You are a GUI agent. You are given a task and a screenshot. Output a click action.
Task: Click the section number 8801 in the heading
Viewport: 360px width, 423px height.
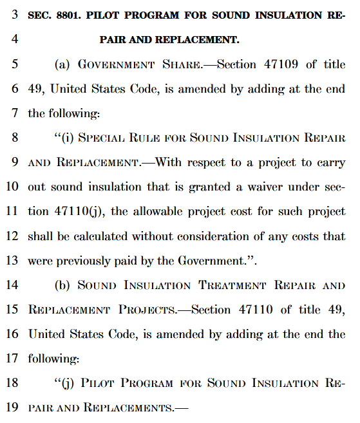click(70, 14)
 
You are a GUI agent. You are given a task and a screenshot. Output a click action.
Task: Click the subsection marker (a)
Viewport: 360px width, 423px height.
click(63, 64)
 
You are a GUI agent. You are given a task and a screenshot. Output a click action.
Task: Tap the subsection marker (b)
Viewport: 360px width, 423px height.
click(63, 285)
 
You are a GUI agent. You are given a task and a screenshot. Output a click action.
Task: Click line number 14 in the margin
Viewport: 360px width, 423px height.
click(13, 285)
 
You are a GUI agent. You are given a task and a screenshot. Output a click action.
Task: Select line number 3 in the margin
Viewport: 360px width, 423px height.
click(15, 14)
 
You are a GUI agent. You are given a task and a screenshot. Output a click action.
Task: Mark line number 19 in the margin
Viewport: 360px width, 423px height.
click(13, 408)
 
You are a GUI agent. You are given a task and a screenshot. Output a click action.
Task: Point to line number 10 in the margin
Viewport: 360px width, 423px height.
click(13, 187)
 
